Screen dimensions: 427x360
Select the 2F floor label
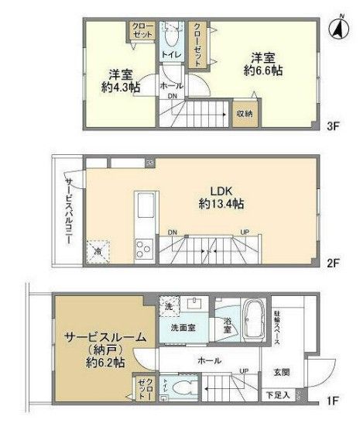point(334,263)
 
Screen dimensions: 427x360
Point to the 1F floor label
point(334,401)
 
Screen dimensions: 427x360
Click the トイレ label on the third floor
point(170,55)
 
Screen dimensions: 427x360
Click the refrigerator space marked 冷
point(99,250)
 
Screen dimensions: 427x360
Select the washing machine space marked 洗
point(167,306)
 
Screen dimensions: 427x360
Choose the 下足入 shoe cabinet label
point(283,395)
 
